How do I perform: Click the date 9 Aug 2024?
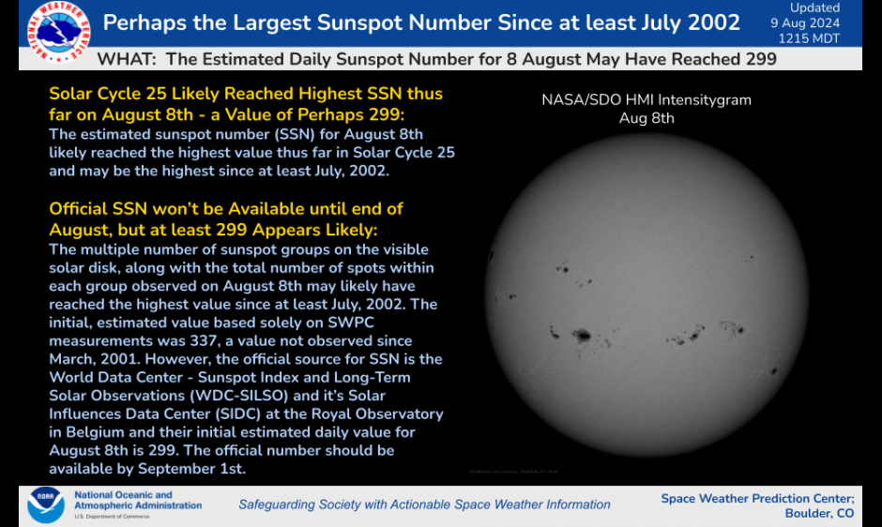coord(814,23)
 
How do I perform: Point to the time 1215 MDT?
coord(814,38)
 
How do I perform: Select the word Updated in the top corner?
coord(814,8)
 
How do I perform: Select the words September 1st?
coord(200,468)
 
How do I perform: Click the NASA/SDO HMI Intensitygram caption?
coord(646,100)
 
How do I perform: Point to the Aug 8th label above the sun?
coord(646,118)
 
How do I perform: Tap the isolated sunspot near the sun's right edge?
coord(775,371)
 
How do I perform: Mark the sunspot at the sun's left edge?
coord(491,254)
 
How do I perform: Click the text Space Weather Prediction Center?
coord(757,498)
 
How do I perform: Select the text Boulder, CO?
coord(819,514)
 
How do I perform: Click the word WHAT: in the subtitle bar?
coord(129,59)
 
